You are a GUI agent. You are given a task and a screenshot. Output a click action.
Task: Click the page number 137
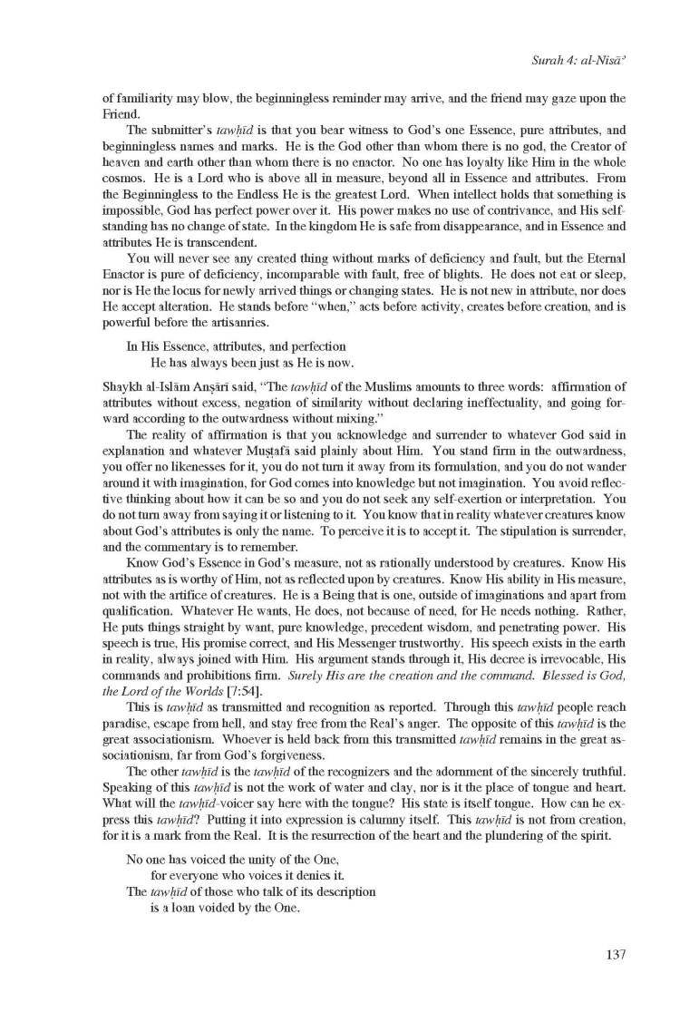613,953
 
